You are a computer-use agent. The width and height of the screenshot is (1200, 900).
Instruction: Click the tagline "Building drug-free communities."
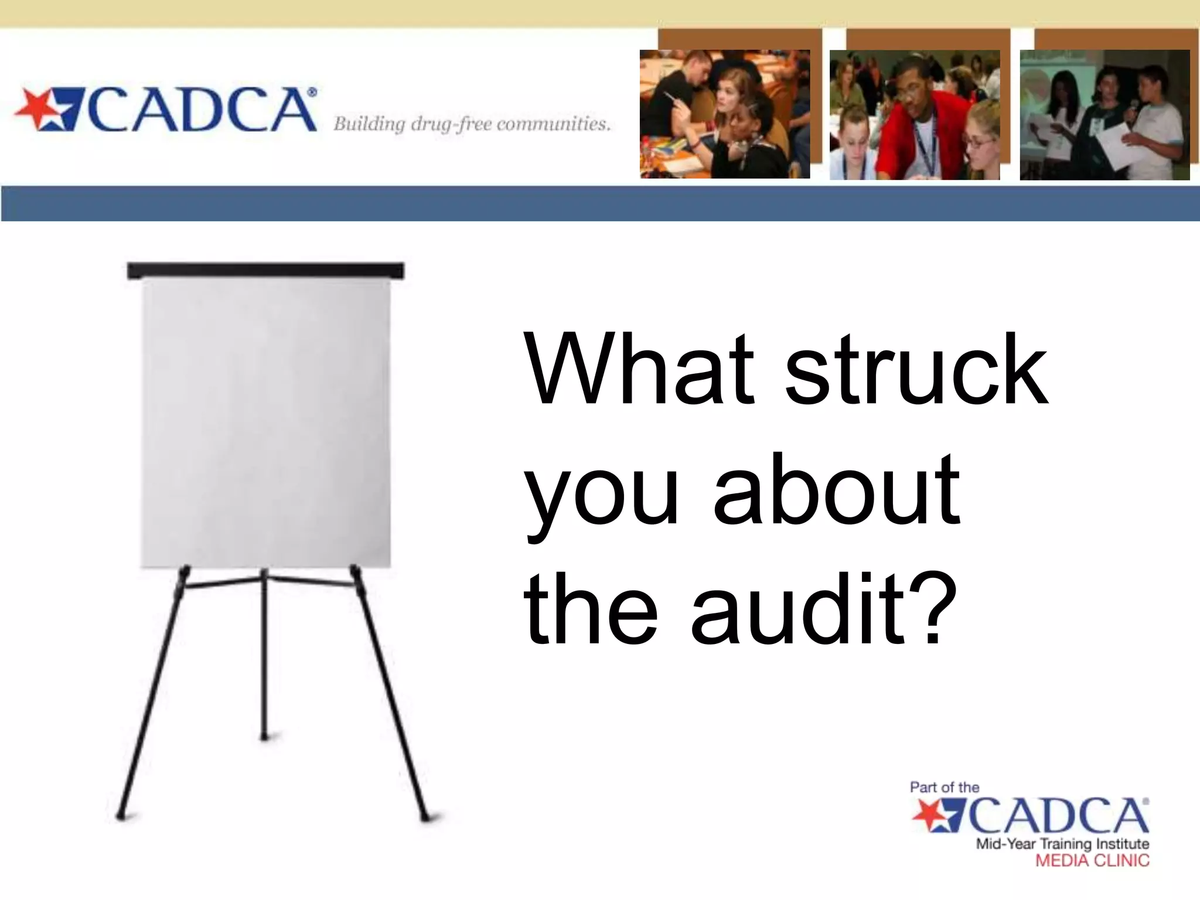pos(472,124)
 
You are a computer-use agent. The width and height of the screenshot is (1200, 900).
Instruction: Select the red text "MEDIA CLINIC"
pos(1092,860)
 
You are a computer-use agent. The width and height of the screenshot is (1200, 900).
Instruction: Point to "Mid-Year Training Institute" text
pos(1062,844)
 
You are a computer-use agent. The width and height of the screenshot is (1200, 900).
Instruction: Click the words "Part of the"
pos(944,787)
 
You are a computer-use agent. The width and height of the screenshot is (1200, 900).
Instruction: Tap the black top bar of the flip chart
pos(265,270)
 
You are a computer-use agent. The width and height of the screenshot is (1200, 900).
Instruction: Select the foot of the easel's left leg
pos(121,814)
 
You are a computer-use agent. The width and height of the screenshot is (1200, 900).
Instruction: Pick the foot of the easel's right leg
pos(425,816)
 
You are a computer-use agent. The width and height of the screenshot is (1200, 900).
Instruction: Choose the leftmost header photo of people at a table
pos(724,114)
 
